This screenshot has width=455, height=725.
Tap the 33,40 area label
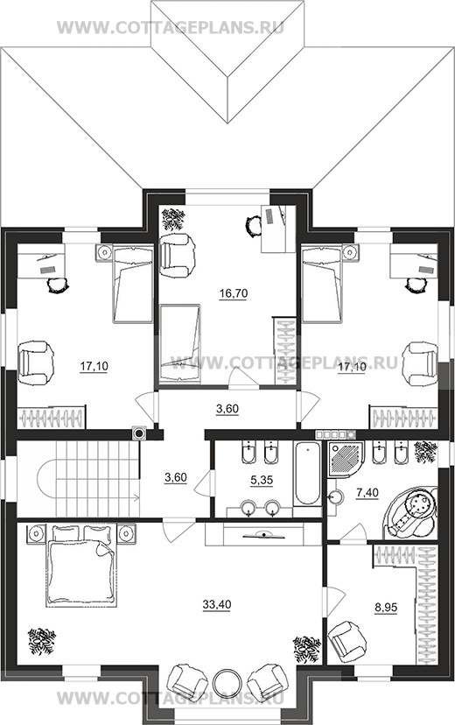217,604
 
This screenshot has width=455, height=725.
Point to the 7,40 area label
367,493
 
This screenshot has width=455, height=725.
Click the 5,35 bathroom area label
262,480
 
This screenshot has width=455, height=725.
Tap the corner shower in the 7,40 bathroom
346,459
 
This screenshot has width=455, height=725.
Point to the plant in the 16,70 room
172,219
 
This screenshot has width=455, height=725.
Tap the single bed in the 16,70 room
180,343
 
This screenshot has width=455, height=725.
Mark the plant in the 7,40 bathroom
425,452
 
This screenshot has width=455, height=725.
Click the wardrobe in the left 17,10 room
52,418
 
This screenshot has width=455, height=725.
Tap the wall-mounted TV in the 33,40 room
263,534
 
